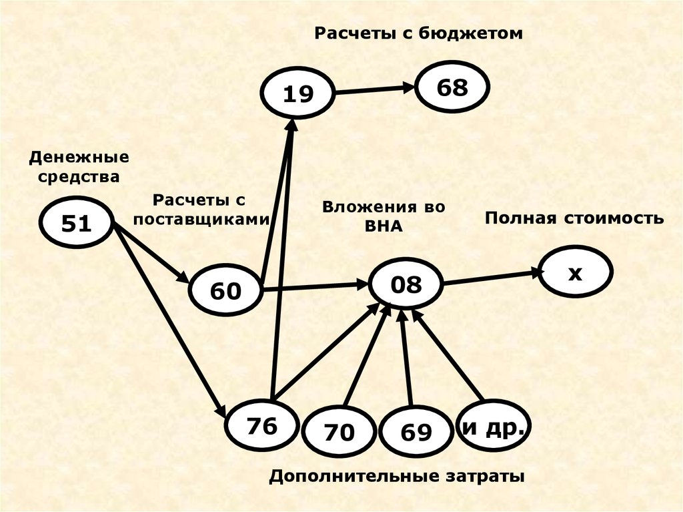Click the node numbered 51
pos(75,223)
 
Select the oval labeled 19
pos(297,94)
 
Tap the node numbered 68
pos(453,87)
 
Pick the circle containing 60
pos(225,290)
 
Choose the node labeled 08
pos(406,285)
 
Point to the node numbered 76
pos(261,426)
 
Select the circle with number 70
pos(339,432)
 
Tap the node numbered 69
pos(416,432)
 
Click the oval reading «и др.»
pos(494,427)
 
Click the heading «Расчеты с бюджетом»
pos(419,33)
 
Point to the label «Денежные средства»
pos(79,168)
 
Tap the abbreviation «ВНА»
pos(384,226)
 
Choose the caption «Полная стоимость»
pos(574,218)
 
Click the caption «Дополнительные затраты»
pos(397,477)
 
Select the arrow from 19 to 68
pos(374,89)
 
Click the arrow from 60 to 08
pos(317,287)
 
